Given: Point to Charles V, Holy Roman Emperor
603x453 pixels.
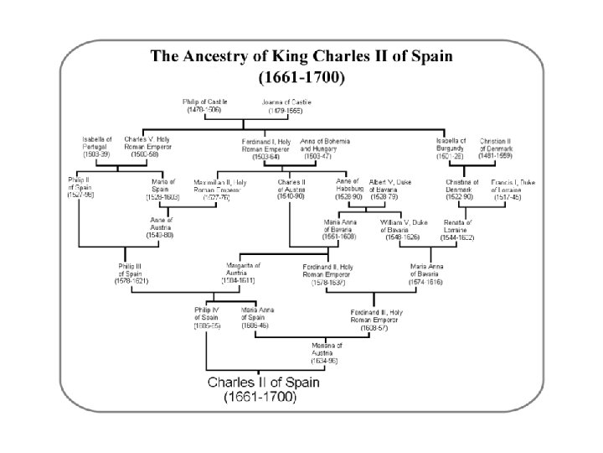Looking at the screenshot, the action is (x=147, y=147).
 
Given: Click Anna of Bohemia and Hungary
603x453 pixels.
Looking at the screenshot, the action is (x=324, y=147).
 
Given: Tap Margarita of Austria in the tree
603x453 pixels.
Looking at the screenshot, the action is (x=243, y=273).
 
